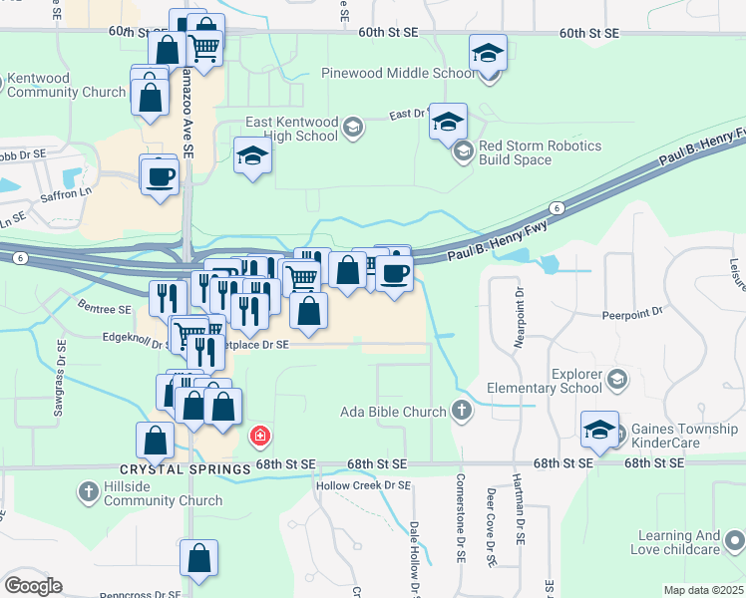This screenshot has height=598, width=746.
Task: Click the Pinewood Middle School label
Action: pos(398,73)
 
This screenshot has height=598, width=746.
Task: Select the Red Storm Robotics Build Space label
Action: pos(540,152)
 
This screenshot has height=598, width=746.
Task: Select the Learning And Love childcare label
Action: pos(675,542)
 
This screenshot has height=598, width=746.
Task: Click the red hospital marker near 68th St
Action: pos(259,436)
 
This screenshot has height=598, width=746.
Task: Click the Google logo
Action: pos(33,586)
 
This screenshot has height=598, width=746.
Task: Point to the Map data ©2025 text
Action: pos(703,590)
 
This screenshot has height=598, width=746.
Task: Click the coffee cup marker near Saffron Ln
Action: pos(160,176)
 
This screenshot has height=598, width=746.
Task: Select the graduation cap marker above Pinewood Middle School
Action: pos(488,53)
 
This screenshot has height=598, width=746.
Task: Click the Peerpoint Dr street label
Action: pos(632,312)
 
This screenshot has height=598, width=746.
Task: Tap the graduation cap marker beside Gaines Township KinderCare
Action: pos(599,430)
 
